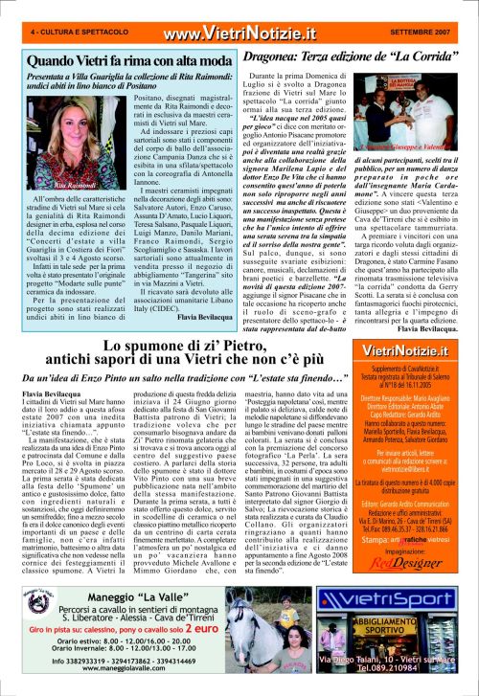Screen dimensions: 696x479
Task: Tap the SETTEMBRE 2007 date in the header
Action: pyautogui.click(x=426, y=33)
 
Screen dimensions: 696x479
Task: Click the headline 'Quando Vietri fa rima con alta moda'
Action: pyautogui.click(x=118, y=60)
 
